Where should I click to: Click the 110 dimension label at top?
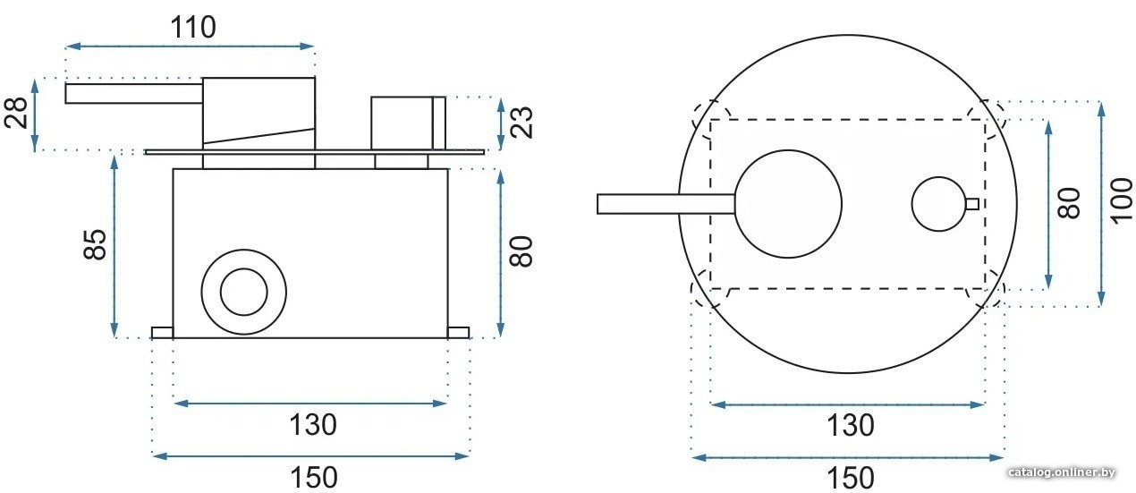pyautogui.click(x=192, y=28)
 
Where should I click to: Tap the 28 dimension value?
pyautogui.click(x=16, y=113)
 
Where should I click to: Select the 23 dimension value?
pyautogui.click(x=521, y=123)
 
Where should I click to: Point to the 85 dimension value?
pyautogui.click(x=95, y=244)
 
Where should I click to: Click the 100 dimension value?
pyautogui.click(x=1122, y=200)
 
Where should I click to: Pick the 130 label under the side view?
pyautogui.click(x=313, y=425)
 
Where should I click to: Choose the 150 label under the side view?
pyautogui.click(x=313, y=477)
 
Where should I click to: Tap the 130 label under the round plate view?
pyautogui.click(x=851, y=425)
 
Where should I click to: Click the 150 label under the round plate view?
pyautogui.click(x=851, y=478)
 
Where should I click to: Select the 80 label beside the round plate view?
pyautogui.click(x=1070, y=203)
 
